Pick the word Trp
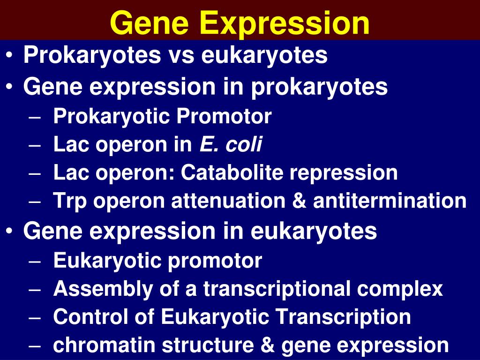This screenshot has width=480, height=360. pyautogui.click(x=70, y=202)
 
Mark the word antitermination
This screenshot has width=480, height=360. pyautogui.click(x=390, y=201)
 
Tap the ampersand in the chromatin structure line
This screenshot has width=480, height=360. pyautogui.click(x=270, y=345)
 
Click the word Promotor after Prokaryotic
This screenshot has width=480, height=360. pyautogui.click(x=224, y=116)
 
